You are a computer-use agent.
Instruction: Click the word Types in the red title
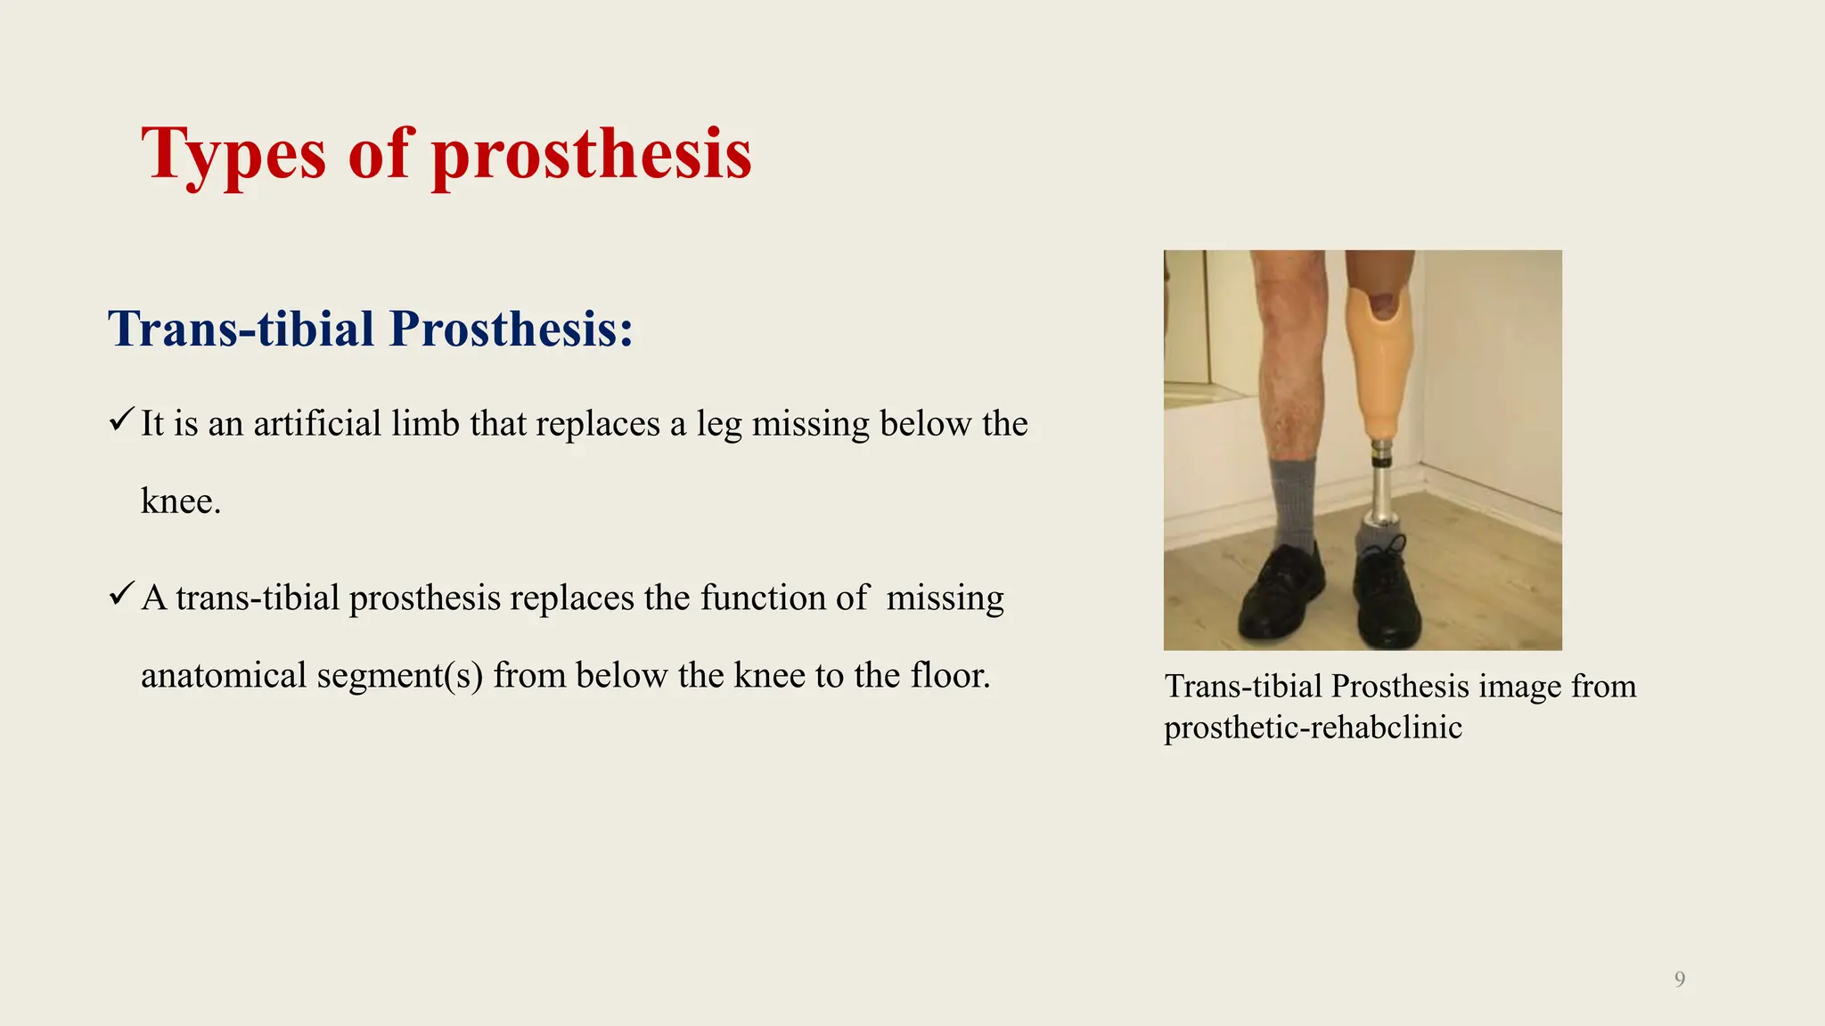[233, 155]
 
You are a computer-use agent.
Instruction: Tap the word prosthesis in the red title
[592, 155]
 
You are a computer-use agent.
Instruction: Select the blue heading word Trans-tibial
[241, 329]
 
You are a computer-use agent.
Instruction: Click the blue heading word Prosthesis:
[511, 329]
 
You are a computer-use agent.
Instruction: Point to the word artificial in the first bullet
[317, 423]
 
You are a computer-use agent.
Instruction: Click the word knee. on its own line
[181, 501]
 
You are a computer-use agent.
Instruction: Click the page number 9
[1680, 980]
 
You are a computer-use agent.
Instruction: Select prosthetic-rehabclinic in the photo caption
[1313, 728]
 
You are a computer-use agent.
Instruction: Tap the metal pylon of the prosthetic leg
[1380, 490]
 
